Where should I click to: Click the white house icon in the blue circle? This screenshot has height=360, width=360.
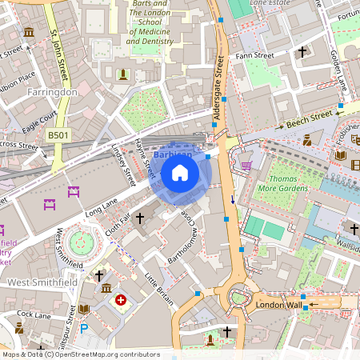tap(180, 173)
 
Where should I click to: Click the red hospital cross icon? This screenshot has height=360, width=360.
tap(121, 300)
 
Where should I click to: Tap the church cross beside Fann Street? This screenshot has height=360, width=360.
tap(302, 52)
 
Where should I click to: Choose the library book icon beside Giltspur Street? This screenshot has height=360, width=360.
tap(83, 309)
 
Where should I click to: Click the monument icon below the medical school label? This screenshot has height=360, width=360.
tap(122, 74)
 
